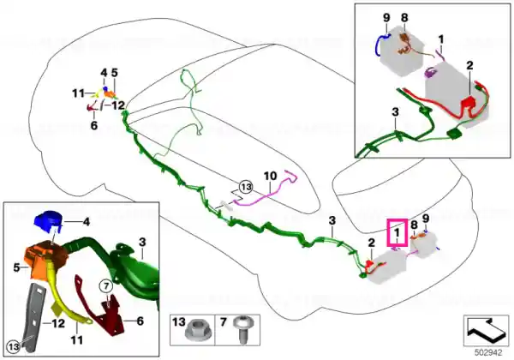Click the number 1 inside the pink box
[397, 233]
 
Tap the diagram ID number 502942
[488, 353]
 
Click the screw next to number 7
[243, 330]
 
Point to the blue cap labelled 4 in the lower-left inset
[47, 220]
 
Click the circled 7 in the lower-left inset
[106, 286]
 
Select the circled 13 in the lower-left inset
[13, 346]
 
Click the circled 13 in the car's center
[246, 187]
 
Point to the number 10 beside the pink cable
[270, 176]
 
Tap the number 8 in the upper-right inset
[404, 17]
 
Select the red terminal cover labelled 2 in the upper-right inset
[469, 102]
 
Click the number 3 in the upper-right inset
[395, 112]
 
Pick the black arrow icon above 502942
[486, 328]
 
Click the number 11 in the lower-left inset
[77, 340]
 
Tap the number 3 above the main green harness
[332, 220]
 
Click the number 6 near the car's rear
[94, 125]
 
